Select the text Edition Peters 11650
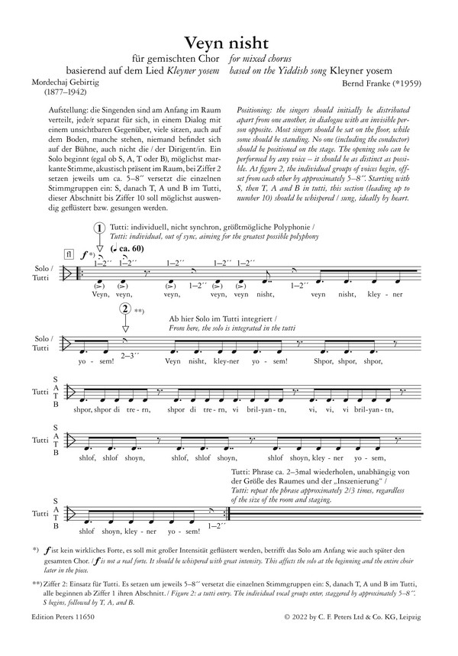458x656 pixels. coord(64,635)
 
